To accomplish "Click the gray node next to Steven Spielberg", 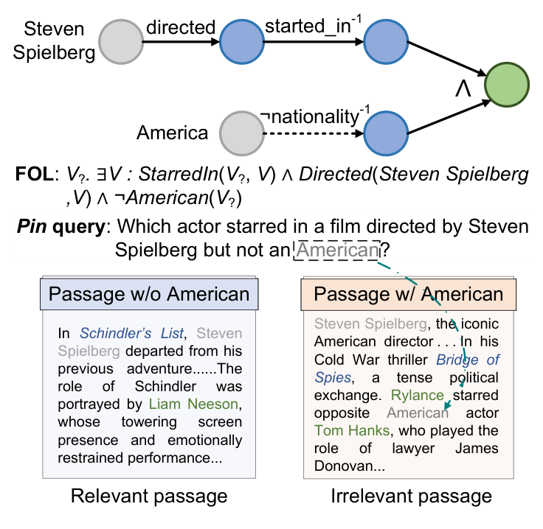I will [122, 43].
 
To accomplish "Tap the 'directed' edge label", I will [180, 27].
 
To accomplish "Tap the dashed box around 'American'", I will [336, 251].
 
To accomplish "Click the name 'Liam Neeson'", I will [194, 403].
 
